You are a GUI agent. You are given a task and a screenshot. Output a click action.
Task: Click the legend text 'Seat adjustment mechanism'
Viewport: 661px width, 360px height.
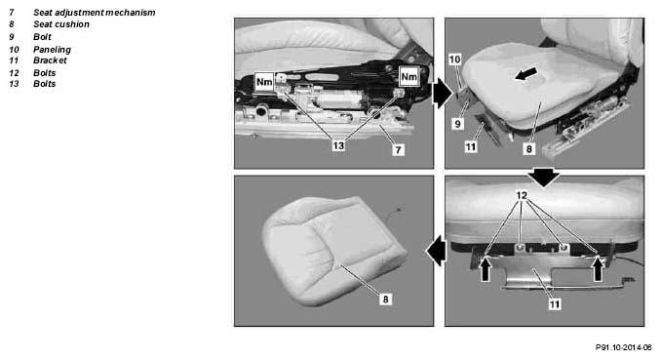[94, 13]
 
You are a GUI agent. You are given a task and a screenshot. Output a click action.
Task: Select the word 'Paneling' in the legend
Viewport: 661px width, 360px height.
[52, 50]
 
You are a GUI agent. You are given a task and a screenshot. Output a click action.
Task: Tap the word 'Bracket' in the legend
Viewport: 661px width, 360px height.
[50, 60]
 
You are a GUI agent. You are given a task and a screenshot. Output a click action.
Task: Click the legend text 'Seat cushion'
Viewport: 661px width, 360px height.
[61, 24]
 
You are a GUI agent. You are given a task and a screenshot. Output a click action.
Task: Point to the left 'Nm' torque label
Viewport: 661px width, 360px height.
[264, 81]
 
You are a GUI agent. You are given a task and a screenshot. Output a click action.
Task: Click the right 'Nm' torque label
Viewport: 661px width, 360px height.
[408, 76]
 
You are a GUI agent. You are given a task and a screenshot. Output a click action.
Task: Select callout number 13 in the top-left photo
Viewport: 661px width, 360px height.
[338, 145]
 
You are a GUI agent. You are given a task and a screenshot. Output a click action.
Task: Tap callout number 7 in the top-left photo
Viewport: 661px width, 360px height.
[399, 150]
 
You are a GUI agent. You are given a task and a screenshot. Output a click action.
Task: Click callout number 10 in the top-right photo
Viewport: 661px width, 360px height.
[454, 60]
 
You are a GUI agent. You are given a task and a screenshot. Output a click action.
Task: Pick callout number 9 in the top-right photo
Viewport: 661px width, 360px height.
[458, 124]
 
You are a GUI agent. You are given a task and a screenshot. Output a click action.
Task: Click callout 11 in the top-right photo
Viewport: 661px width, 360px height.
[471, 147]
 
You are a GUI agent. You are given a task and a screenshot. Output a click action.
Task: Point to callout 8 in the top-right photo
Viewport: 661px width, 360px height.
[529, 148]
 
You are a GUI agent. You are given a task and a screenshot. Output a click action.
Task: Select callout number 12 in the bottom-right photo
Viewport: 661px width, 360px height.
[522, 195]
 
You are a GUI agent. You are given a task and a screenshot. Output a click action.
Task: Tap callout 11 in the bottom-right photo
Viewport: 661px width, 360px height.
[555, 303]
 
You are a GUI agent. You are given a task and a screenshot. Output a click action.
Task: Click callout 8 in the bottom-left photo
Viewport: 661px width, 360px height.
[385, 300]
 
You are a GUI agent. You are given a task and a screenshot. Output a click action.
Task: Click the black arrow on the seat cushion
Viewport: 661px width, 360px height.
[525, 73]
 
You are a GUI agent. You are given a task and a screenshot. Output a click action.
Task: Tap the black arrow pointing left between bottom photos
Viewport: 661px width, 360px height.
[436, 251]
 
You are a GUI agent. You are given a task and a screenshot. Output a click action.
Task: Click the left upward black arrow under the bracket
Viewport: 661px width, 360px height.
[486, 269]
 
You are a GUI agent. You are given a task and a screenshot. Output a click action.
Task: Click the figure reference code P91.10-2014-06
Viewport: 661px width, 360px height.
[623, 347]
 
